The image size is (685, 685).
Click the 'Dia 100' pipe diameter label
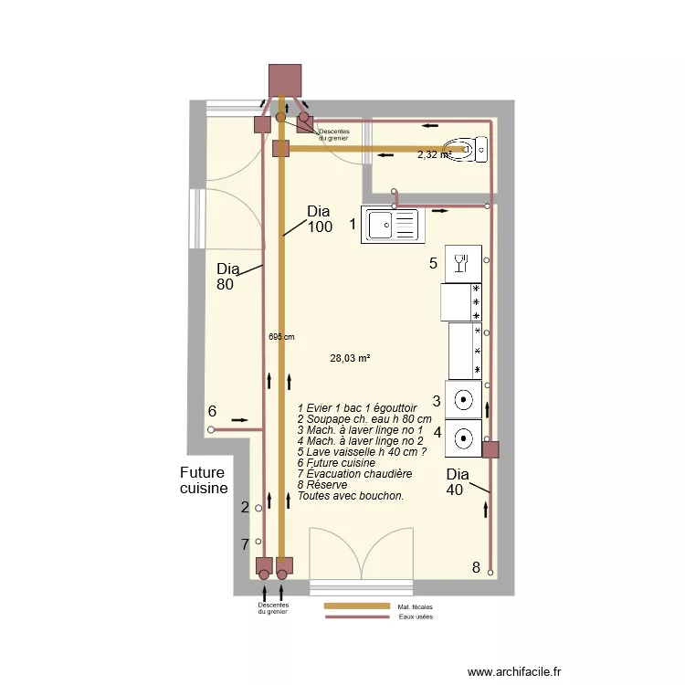pyautogui.click(x=320, y=219)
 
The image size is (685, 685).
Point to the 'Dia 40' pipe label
pyautogui.click(x=458, y=482)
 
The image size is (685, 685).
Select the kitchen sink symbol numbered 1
pyautogui.click(x=393, y=225)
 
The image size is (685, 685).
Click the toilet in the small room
pyautogui.click(x=465, y=150)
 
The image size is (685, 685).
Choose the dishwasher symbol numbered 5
pyautogui.click(x=463, y=264)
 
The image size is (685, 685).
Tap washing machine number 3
pyautogui.click(x=463, y=400)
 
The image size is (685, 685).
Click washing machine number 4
pyautogui.click(x=463, y=438)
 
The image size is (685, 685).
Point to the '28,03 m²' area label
pyautogui.click(x=350, y=358)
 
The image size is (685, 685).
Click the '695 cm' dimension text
pyautogui.click(x=281, y=337)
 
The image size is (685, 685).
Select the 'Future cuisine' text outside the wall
pyautogui.click(x=204, y=480)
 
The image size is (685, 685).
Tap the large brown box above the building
pyautogui.click(x=285, y=80)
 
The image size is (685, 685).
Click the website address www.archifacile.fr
pyautogui.click(x=514, y=671)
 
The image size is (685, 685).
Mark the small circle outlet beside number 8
pyautogui.click(x=490, y=573)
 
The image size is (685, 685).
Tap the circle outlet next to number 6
pyautogui.click(x=211, y=430)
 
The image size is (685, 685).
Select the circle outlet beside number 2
pyautogui.click(x=258, y=508)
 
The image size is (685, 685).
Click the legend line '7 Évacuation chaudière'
pyautogui.click(x=354, y=474)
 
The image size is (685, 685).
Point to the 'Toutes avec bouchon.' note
pyautogui.click(x=351, y=496)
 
